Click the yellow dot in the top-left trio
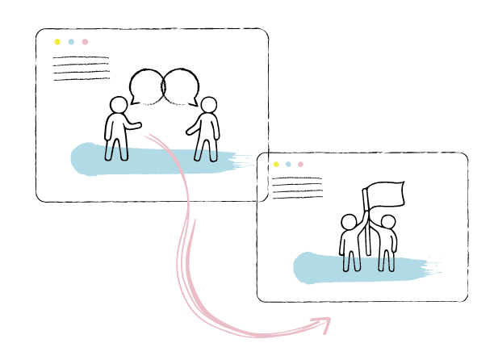[x=57, y=42]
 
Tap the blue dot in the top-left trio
[x=71, y=42]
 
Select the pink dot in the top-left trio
[x=85, y=42]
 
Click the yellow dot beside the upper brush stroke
[x=276, y=165]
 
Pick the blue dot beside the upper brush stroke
[x=288, y=165]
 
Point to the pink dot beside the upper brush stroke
[x=300, y=165]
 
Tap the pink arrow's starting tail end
[x=147, y=136]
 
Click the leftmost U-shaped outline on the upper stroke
[x=109, y=153]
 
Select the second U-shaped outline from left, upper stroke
[x=123, y=153]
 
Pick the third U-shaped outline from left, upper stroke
[x=199, y=154]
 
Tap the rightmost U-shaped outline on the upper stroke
[x=213, y=154]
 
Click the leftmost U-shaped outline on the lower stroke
[x=347, y=264]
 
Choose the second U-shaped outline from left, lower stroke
[x=357, y=264]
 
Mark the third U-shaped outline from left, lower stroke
[x=382, y=264]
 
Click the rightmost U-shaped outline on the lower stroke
[x=391, y=264]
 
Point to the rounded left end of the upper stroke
[x=76, y=159]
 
